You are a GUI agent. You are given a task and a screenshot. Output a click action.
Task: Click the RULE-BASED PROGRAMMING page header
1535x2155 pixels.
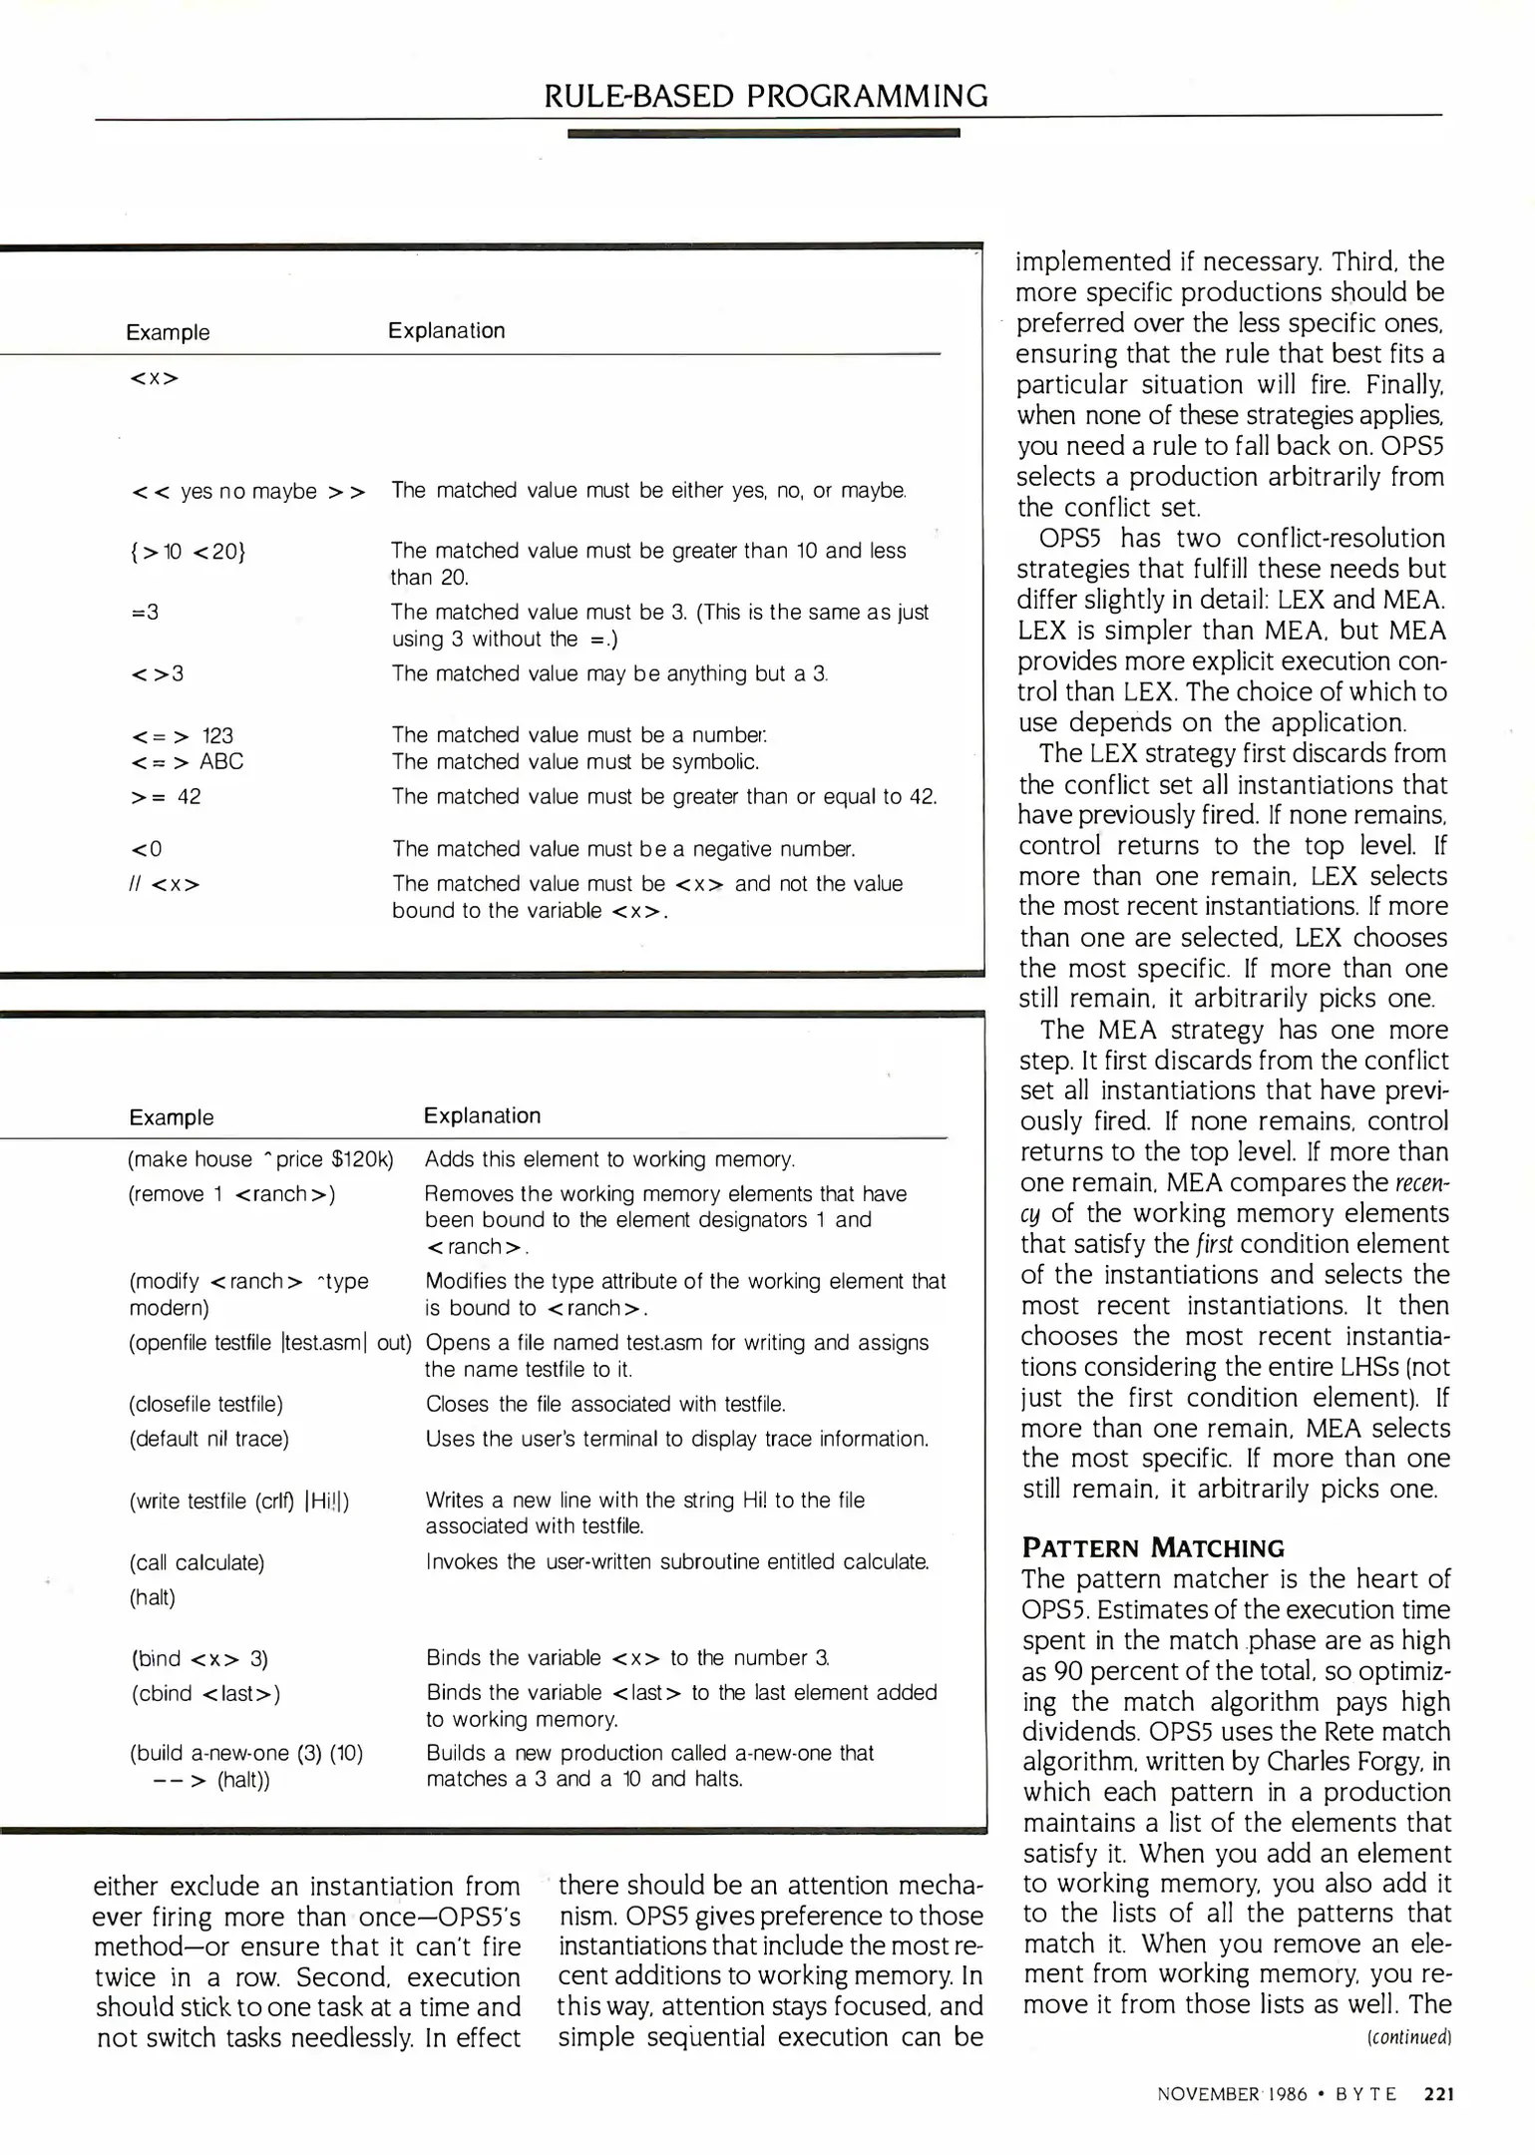point(765,96)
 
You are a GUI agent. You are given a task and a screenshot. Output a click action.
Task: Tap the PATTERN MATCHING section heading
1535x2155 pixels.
point(1153,1547)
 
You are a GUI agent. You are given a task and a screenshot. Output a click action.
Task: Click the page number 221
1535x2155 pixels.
point(1438,2093)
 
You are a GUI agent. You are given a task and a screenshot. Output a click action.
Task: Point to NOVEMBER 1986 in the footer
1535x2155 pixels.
point(1231,2094)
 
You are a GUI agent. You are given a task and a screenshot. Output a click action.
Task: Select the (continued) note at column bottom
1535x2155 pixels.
point(1408,2037)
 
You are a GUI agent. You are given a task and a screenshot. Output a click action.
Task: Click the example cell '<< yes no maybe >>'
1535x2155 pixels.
point(248,491)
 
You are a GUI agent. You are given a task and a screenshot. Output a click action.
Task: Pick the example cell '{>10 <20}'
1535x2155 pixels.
point(188,551)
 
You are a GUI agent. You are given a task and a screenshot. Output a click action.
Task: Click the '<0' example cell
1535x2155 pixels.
point(147,849)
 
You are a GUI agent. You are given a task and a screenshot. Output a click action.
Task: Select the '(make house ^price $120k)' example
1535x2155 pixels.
point(261,1159)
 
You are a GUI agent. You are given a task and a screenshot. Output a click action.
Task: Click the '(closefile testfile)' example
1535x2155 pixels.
point(206,1404)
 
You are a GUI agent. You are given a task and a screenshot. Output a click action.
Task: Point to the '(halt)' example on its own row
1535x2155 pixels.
point(153,1597)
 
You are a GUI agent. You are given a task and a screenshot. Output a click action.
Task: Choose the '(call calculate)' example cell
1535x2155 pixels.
point(197,1562)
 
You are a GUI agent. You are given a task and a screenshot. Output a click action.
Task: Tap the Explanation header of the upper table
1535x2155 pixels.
point(446,330)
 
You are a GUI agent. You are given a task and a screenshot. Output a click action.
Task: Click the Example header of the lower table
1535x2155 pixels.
point(171,1117)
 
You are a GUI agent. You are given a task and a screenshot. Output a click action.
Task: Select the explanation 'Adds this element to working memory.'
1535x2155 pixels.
point(609,1159)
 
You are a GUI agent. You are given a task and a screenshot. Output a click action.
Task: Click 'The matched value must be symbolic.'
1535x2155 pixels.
point(576,762)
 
